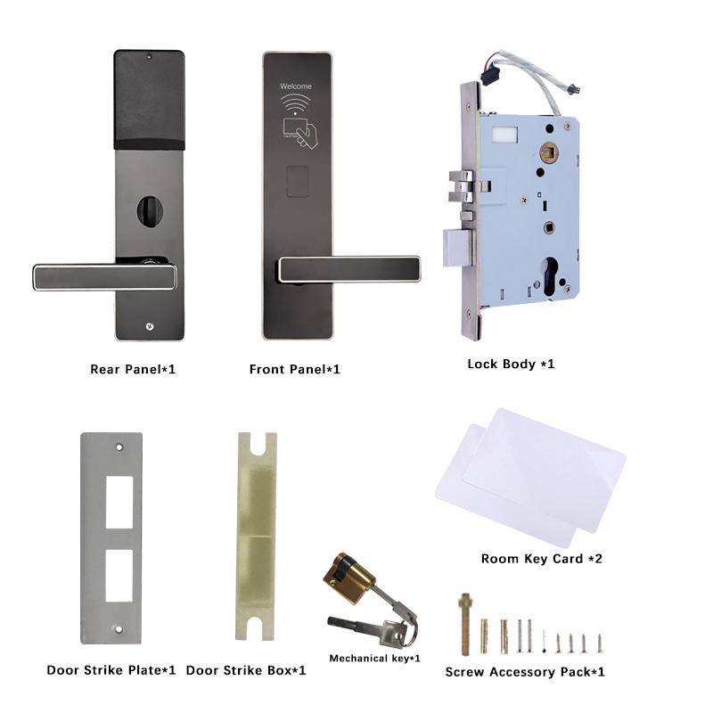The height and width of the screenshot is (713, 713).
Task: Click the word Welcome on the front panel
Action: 296,86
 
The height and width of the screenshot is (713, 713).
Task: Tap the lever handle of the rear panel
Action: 104,277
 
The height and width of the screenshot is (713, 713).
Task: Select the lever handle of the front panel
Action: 349,269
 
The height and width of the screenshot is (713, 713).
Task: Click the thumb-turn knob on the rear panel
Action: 150,212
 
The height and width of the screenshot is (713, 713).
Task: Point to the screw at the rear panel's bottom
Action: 149,326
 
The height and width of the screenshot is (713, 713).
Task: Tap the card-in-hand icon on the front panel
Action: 300,133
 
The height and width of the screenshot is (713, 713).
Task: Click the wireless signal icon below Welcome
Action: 296,104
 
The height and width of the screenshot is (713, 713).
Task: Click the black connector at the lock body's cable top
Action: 490,76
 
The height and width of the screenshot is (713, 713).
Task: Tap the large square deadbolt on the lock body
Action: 457,248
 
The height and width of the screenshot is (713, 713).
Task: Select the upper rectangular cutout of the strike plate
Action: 119,502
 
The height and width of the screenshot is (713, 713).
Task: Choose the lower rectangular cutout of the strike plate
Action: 119,576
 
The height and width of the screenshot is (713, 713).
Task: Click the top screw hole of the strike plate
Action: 119,447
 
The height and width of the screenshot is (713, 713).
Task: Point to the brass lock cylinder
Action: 348,578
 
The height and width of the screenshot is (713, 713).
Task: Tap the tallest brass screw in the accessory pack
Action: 465,625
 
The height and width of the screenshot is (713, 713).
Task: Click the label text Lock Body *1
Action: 511,364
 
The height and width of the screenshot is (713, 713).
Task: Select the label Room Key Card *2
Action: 542,559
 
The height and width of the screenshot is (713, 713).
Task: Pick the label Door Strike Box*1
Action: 246,670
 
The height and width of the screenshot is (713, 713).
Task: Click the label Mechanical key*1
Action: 374,659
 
